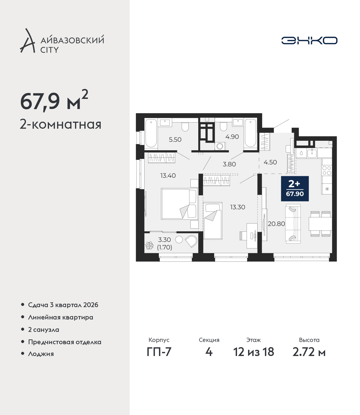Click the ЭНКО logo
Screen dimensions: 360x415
click(309, 40)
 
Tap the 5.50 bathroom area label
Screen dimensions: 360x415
click(175, 140)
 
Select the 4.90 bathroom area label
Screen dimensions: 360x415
click(232, 137)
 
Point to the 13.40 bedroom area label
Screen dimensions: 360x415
click(168, 176)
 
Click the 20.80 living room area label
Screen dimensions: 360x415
click(276, 224)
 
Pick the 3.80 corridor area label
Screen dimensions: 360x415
click(229, 164)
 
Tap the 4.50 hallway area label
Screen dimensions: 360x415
click(270, 162)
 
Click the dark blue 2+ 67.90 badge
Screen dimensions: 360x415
click(295, 189)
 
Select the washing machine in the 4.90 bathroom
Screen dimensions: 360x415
click(220, 146)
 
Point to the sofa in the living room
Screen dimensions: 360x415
click(293, 224)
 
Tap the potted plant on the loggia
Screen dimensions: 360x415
click(149, 246)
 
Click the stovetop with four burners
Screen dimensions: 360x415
click(327, 171)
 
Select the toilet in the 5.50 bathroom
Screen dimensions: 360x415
click(185, 126)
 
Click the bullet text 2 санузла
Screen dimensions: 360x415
click(44, 330)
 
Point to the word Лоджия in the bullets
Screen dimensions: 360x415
click(41, 354)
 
